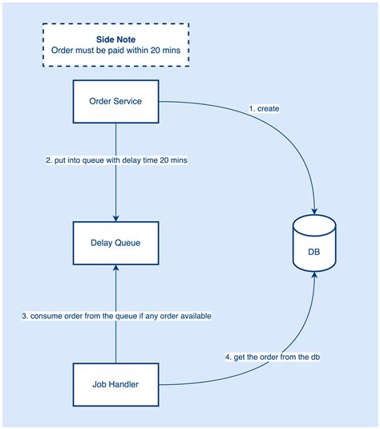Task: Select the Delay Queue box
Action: (x=117, y=243)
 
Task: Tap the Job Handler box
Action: (x=117, y=385)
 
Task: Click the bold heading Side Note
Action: (x=117, y=38)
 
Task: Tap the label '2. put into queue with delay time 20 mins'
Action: (x=117, y=160)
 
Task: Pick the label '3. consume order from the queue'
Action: (x=117, y=316)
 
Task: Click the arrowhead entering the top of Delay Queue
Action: (x=117, y=217)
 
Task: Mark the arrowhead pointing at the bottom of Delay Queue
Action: (x=117, y=269)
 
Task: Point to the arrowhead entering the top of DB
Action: (x=313, y=208)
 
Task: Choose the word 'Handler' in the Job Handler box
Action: (x=126, y=385)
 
